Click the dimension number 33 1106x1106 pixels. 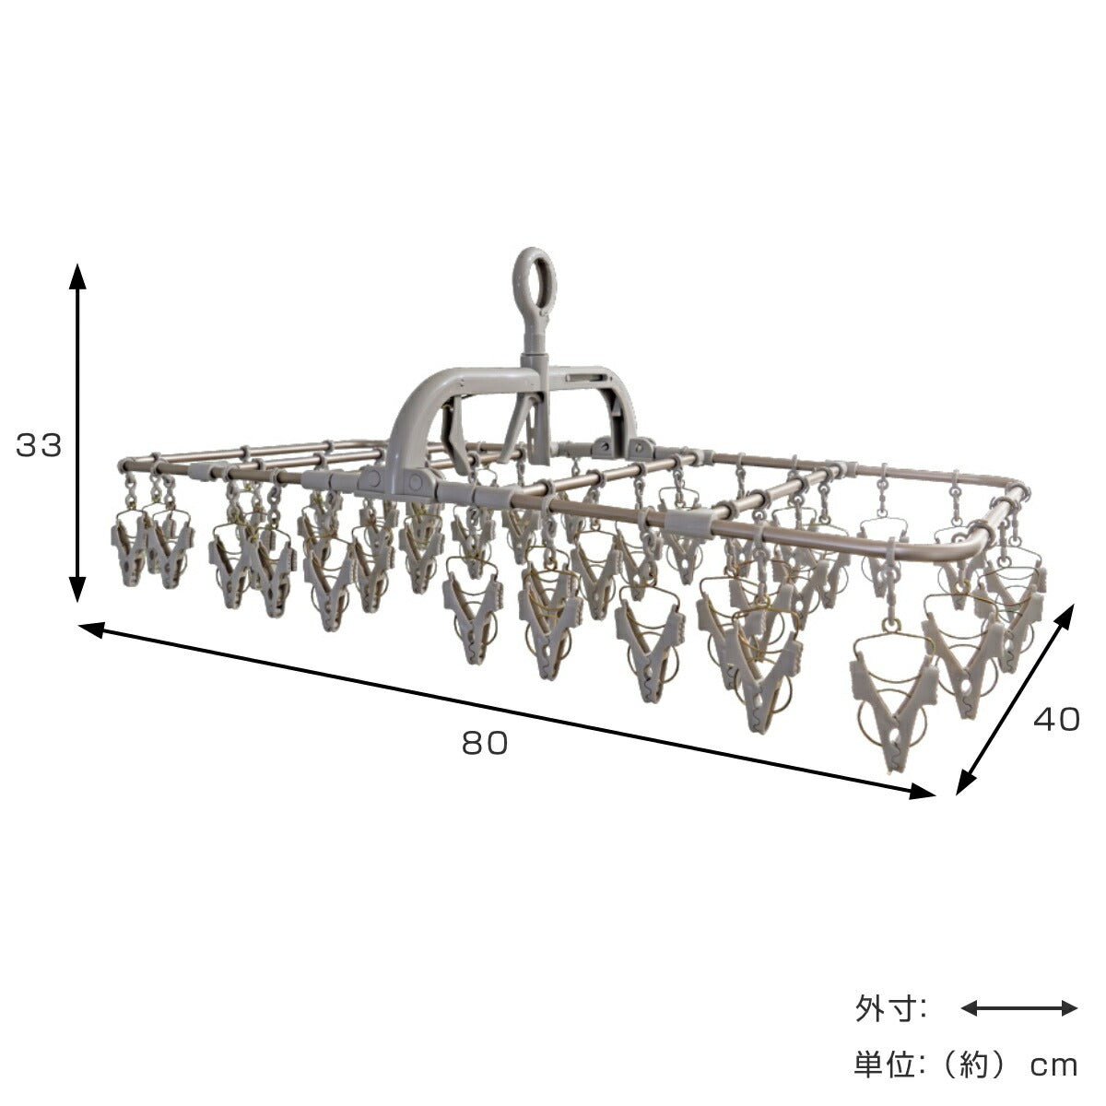tap(39, 445)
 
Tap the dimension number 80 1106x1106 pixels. tap(485, 743)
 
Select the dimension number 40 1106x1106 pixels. tap(1056, 720)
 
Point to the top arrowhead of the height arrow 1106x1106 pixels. tap(77, 277)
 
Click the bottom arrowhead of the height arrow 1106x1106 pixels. tap(77, 590)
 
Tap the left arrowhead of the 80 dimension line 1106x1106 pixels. tap(92, 629)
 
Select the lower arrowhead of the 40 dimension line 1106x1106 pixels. tap(966, 782)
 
